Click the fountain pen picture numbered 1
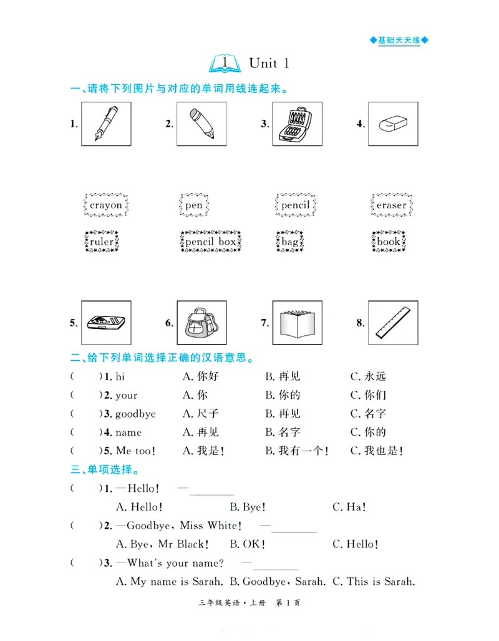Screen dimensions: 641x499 106,124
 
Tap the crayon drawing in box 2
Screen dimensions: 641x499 201,124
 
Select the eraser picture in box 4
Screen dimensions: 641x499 392,124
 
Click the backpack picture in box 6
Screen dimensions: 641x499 201,323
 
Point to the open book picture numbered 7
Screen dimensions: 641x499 297,323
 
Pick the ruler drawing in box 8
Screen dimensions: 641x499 392,323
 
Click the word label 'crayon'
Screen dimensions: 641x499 106,205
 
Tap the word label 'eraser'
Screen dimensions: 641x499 391,205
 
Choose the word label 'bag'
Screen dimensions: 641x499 290,242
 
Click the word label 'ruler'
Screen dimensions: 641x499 102,242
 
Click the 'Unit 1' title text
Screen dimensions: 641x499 269,63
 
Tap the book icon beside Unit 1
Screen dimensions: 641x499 226,63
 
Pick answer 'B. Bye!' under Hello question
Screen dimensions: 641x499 246,507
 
